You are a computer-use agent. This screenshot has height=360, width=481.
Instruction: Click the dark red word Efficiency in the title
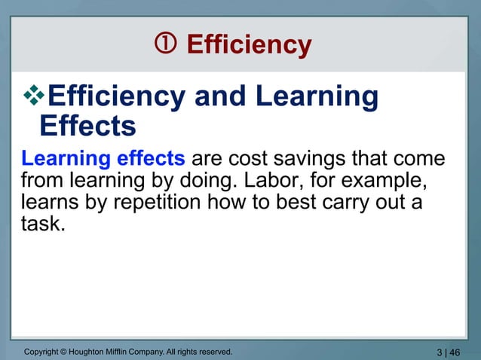click(248, 46)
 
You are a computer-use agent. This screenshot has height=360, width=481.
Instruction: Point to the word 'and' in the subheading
click(220, 97)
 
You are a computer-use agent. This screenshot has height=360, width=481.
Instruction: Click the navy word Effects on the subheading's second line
click(87, 125)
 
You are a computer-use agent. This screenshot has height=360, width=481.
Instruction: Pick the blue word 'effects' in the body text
click(150, 160)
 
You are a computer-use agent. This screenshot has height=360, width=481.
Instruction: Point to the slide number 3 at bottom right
click(440, 352)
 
